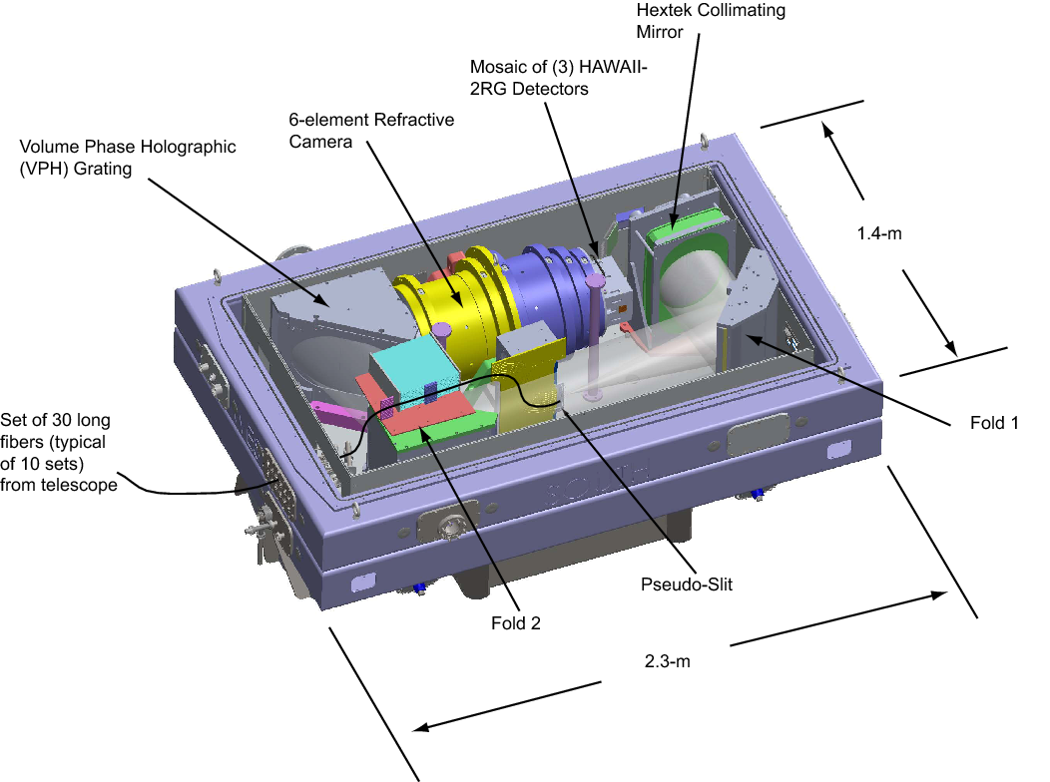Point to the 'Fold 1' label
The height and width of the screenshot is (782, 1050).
point(993,423)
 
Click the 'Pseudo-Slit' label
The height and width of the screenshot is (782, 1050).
point(686,585)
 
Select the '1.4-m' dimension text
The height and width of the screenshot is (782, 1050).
point(882,234)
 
